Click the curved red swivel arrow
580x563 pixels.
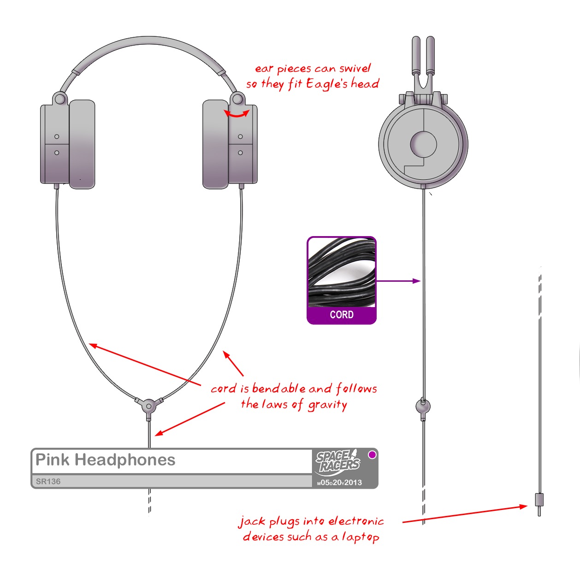tap(237, 114)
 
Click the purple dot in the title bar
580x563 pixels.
tap(372, 455)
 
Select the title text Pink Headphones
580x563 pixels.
tap(106, 460)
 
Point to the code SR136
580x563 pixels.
tap(48, 481)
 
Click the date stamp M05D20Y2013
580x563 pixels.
tap(339, 483)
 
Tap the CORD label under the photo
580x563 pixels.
tap(342, 315)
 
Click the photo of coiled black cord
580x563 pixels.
tap(342, 272)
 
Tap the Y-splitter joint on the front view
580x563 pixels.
tap(149, 406)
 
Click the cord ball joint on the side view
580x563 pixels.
tap(423, 406)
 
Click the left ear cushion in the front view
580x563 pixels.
tap(82, 144)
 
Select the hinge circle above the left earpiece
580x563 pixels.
tap(59, 99)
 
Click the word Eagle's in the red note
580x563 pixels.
tap(326, 84)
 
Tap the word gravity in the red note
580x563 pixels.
tap(327, 405)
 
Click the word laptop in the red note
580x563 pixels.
tap(361, 537)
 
